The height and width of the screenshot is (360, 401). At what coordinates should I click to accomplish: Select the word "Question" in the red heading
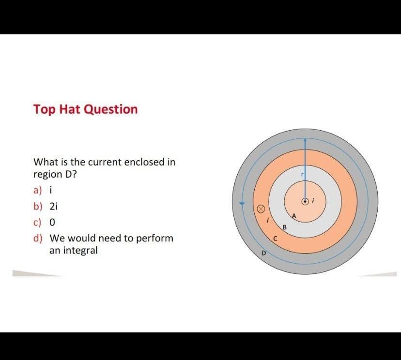click(x=111, y=109)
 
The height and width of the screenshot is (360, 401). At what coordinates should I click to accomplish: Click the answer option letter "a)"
click(x=37, y=190)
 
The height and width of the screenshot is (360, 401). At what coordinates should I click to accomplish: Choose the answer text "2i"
click(x=54, y=206)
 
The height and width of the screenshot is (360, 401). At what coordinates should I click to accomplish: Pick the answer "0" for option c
click(x=52, y=222)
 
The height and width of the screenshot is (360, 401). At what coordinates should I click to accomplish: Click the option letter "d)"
click(x=38, y=238)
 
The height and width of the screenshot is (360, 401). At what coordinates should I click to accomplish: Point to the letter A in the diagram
click(x=293, y=216)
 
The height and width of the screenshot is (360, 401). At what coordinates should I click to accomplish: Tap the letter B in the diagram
click(x=285, y=227)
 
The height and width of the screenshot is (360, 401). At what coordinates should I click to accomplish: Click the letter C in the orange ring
click(x=275, y=239)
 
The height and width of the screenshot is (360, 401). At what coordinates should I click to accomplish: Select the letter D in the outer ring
click(x=264, y=253)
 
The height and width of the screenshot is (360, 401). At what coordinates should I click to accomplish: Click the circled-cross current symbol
click(x=260, y=209)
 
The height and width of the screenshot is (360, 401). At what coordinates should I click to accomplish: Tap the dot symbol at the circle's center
click(x=305, y=201)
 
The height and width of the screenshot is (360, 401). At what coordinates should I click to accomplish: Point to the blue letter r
click(x=302, y=175)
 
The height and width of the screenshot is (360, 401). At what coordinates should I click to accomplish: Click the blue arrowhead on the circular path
click(x=243, y=203)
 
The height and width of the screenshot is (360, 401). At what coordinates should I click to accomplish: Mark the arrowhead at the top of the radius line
click(x=305, y=140)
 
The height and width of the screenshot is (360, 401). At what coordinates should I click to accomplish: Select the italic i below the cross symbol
click(x=268, y=221)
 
